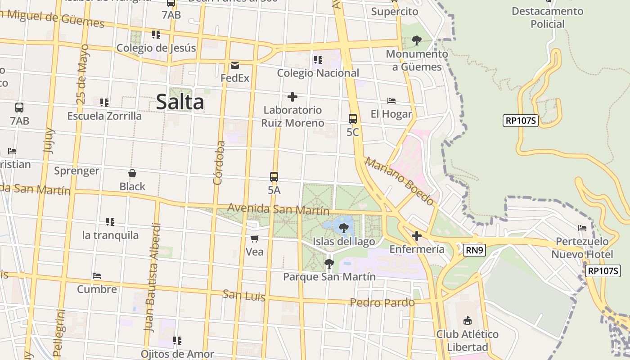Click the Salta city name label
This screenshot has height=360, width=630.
(180, 102)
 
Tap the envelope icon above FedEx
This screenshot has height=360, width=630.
(235, 65)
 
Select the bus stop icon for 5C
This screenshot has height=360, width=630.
(353, 119)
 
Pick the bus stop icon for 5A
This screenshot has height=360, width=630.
(274, 177)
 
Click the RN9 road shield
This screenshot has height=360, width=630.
(475, 250)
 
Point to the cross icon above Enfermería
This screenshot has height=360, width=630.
(417, 235)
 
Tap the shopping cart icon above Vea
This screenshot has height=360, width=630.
(255, 238)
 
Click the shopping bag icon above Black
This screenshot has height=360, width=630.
(132, 173)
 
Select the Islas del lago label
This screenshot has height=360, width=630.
(344, 242)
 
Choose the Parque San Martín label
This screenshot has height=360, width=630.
(329, 276)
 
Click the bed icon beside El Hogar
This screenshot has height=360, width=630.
(391, 101)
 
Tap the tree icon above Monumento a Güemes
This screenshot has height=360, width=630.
(417, 40)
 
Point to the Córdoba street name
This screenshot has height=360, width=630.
(219, 163)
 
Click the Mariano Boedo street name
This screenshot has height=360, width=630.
(399, 181)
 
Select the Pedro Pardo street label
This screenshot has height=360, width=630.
(382, 302)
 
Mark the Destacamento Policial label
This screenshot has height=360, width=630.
(547, 17)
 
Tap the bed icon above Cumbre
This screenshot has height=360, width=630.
(97, 275)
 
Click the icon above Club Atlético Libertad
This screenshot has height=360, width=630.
(468, 320)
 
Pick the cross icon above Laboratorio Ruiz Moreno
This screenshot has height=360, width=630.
(292, 97)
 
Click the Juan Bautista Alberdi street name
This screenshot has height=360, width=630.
(152, 278)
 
